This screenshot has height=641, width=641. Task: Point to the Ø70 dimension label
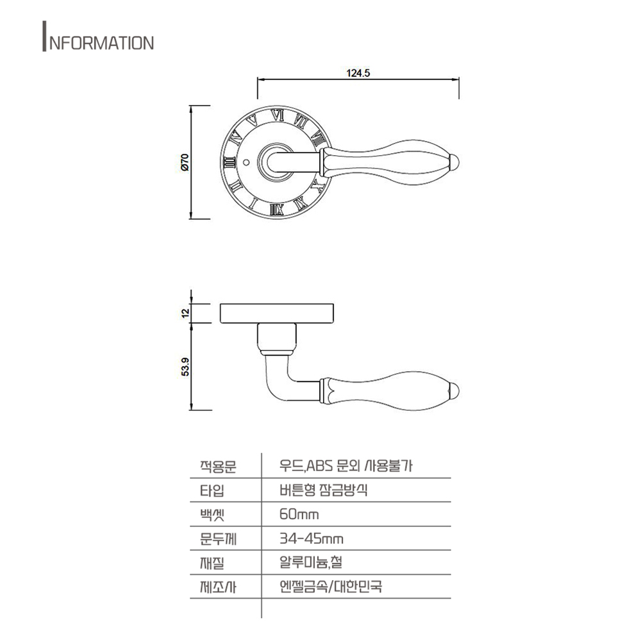tap(185, 162)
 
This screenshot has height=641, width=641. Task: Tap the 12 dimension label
tap(185, 313)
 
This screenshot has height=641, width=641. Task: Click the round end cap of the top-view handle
tap(456, 162)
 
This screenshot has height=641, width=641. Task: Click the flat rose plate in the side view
tap(277, 313)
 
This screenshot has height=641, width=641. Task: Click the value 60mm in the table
tap(299, 515)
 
